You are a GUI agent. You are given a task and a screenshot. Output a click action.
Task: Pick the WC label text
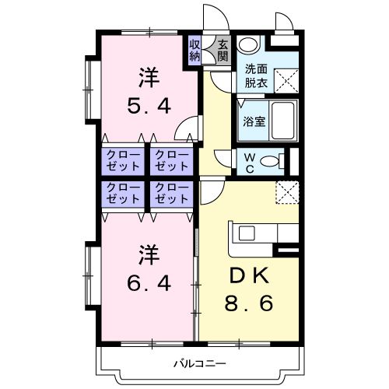pos(248,160)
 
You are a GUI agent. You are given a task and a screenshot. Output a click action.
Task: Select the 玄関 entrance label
pos(223,51)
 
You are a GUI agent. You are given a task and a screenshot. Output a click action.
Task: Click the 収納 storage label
pos(195,51)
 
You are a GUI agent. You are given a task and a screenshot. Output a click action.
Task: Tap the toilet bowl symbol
pos(270,161)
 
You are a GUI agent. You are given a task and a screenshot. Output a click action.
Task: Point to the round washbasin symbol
pos(247,45)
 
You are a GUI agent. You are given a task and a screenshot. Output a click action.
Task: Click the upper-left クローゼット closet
pos(123,161)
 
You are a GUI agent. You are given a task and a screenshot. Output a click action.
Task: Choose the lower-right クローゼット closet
pos(171,194)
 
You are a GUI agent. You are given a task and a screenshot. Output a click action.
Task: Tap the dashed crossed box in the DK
pos(286,191)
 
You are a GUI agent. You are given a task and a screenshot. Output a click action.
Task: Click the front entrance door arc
pos(212,18)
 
